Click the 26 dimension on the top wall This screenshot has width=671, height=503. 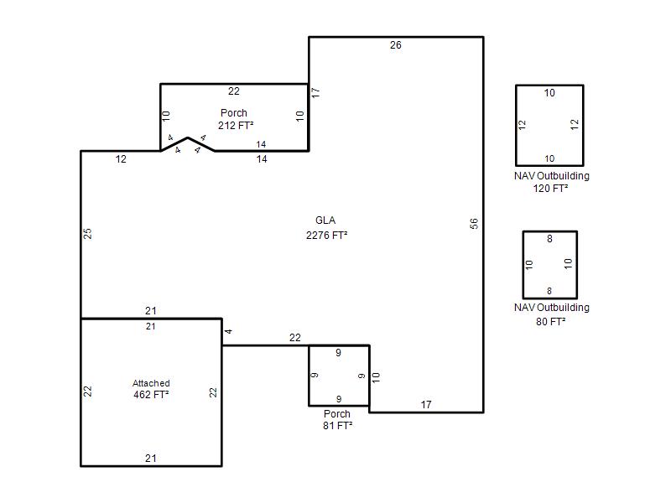click(x=395, y=45)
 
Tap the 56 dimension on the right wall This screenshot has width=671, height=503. click(x=474, y=224)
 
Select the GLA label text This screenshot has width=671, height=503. click(x=325, y=220)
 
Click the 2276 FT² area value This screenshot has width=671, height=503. click(x=326, y=236)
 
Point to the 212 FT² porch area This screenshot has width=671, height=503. click(x=236, y=125)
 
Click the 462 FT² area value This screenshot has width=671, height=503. click(x=151, y=394)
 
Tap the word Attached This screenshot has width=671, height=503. click(x=151, y=383)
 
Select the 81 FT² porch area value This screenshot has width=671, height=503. click(x=338, y=426)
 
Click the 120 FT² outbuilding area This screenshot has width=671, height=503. click(x=550, y=188)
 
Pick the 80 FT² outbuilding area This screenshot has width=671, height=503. click(x=550, y=322)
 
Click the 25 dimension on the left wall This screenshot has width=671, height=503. click(x=87, y=234)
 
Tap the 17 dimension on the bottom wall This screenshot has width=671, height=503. click(x=426, y=405)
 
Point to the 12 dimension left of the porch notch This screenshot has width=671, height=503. click(x=121, y=159)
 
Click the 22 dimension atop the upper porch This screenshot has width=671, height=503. click(x=234, y=91)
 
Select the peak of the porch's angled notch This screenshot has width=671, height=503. click(x=187, y=137)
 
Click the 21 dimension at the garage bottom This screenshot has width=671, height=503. click(x=151, y=458)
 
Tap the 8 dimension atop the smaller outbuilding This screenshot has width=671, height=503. click(x=549, y=239)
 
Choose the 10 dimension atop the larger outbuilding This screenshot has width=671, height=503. click(x=549, y=93)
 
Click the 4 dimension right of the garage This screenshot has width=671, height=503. click(x=228, y=331)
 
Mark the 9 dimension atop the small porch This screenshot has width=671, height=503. click(x=338, y=352)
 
